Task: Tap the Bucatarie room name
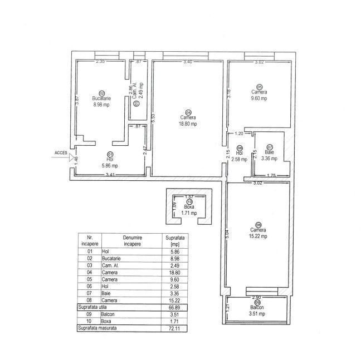101,98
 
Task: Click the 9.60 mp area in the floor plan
259,98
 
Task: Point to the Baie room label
269,152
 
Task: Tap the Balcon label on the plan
257,307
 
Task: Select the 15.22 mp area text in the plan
258,235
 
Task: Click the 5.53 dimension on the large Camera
153,118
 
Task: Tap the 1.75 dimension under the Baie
271,176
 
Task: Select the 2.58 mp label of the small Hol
240,160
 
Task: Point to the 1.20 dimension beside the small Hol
239,134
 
